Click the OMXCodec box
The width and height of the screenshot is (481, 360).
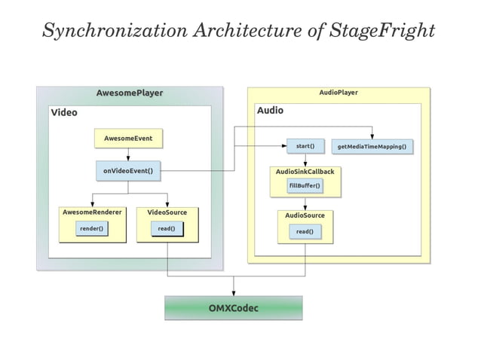(233, 308)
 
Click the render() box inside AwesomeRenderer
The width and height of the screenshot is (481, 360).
(91, 228)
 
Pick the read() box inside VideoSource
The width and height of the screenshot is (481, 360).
(167, 228)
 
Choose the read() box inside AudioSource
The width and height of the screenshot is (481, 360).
(305, 232)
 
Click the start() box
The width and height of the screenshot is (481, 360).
(305, 145)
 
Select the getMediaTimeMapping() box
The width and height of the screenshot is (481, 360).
(372, 145)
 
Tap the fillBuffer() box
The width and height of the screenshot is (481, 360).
(305, 185)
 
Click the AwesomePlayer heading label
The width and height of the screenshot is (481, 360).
(130, 93)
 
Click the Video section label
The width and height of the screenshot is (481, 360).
(64, 112)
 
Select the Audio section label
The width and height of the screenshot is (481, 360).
(271, 111)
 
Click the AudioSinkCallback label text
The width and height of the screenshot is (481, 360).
(305, 172)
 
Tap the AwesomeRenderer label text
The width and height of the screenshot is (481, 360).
(91, 212)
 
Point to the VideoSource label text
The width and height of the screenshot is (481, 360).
(167, 212)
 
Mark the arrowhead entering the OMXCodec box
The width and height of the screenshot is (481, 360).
(233, 292)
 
